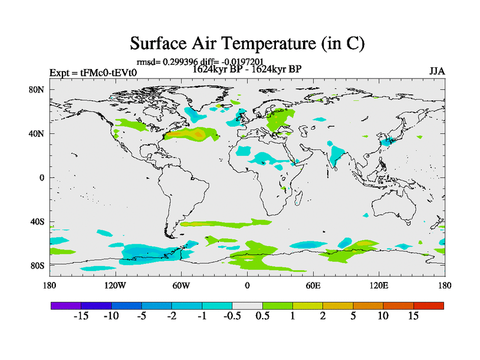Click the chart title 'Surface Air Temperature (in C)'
247,44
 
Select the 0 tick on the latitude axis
43,178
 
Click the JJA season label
436,71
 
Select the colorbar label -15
81,316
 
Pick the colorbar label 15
413,316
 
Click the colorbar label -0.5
232,316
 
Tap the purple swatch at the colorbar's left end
65,305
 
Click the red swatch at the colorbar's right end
428,305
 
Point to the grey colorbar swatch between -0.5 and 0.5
247,305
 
